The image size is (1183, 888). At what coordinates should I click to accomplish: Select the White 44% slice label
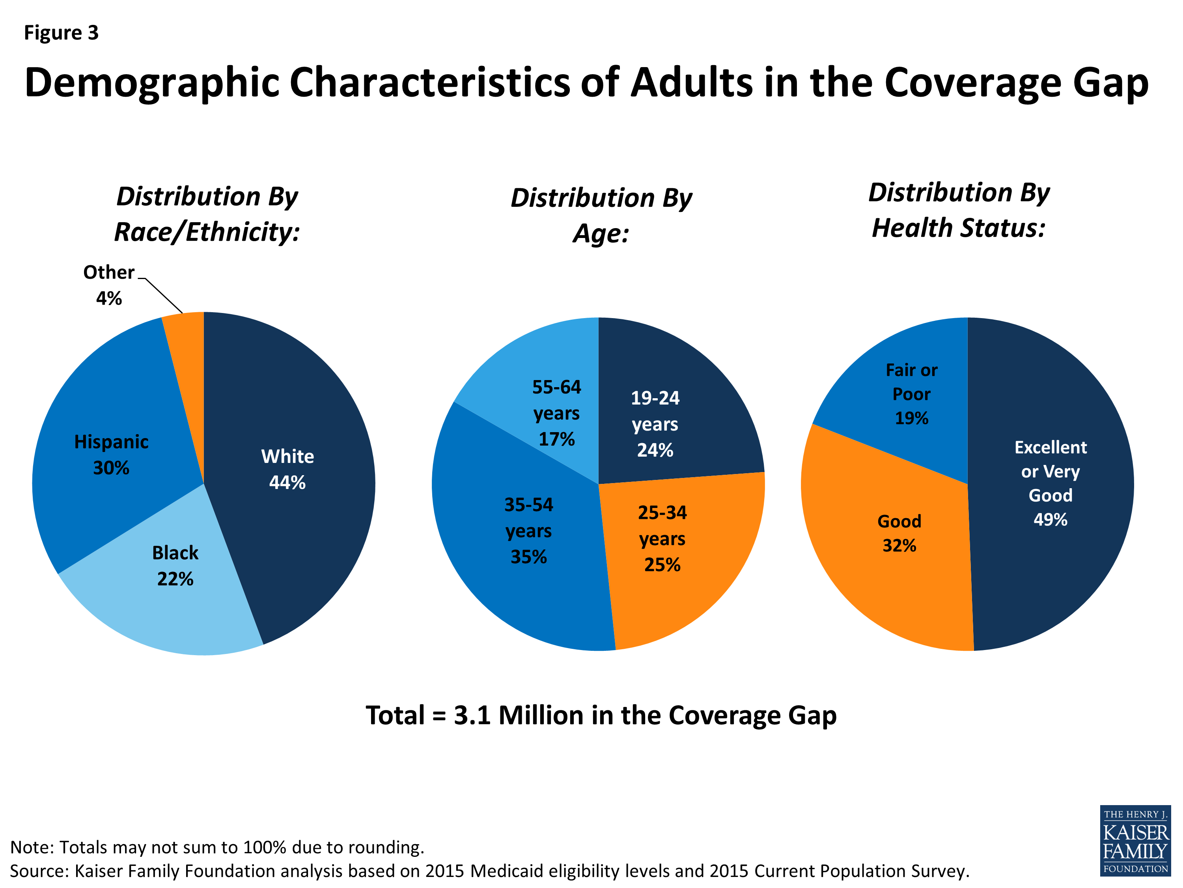click(287, 469)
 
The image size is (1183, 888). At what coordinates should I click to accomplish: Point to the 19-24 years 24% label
click(655, 424)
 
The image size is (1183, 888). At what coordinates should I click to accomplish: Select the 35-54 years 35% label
click(528, 530)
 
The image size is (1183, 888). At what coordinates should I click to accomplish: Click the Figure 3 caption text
click(62, 33)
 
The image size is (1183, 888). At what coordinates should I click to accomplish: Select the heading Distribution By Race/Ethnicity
click(207, 214)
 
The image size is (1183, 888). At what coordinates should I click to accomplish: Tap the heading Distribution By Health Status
click(958, 210)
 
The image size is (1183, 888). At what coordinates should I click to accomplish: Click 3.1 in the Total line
click(472, 715)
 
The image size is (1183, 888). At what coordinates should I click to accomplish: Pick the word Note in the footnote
click(30, 847)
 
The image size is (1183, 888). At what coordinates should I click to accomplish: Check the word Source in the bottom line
click(39, 871)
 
